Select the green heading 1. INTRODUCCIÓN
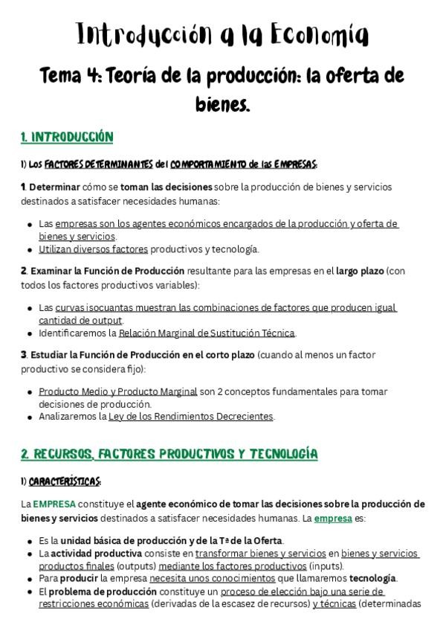click(67, 137)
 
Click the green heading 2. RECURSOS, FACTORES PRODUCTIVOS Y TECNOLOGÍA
click(169, 453)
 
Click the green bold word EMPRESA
click(54, 504)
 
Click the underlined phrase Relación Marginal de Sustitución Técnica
click(207, 333)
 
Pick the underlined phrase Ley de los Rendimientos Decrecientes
click(191, 417)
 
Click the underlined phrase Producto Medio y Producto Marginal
click(118, 391)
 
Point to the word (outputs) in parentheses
click(135, 566)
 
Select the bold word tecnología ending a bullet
click(373, 578)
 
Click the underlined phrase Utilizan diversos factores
click(94, 249)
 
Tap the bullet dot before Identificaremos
click(30, 333)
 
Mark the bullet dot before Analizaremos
click(30, 417)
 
